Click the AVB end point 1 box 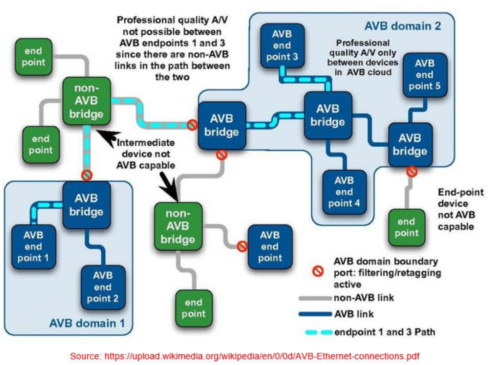click(x=34, y=247)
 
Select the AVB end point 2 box click(x=103, y=287)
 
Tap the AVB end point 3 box click(x=282, y=45)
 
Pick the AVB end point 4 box click(x=344, y=192)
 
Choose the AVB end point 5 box click(x=424, y=74)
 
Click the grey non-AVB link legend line click(x=315, y=298)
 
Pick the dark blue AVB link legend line click(x=315, y=313)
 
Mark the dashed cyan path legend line click(x=315, y=332)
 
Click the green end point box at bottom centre click(x=194, y=308)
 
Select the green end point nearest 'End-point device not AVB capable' click(x=406, y=227)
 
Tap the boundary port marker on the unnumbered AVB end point click(x=242, y=246)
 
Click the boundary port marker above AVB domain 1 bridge click(x=86, y=175)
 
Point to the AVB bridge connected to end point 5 click(x=410, y=144)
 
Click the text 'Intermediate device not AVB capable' click(x=146, y=154)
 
